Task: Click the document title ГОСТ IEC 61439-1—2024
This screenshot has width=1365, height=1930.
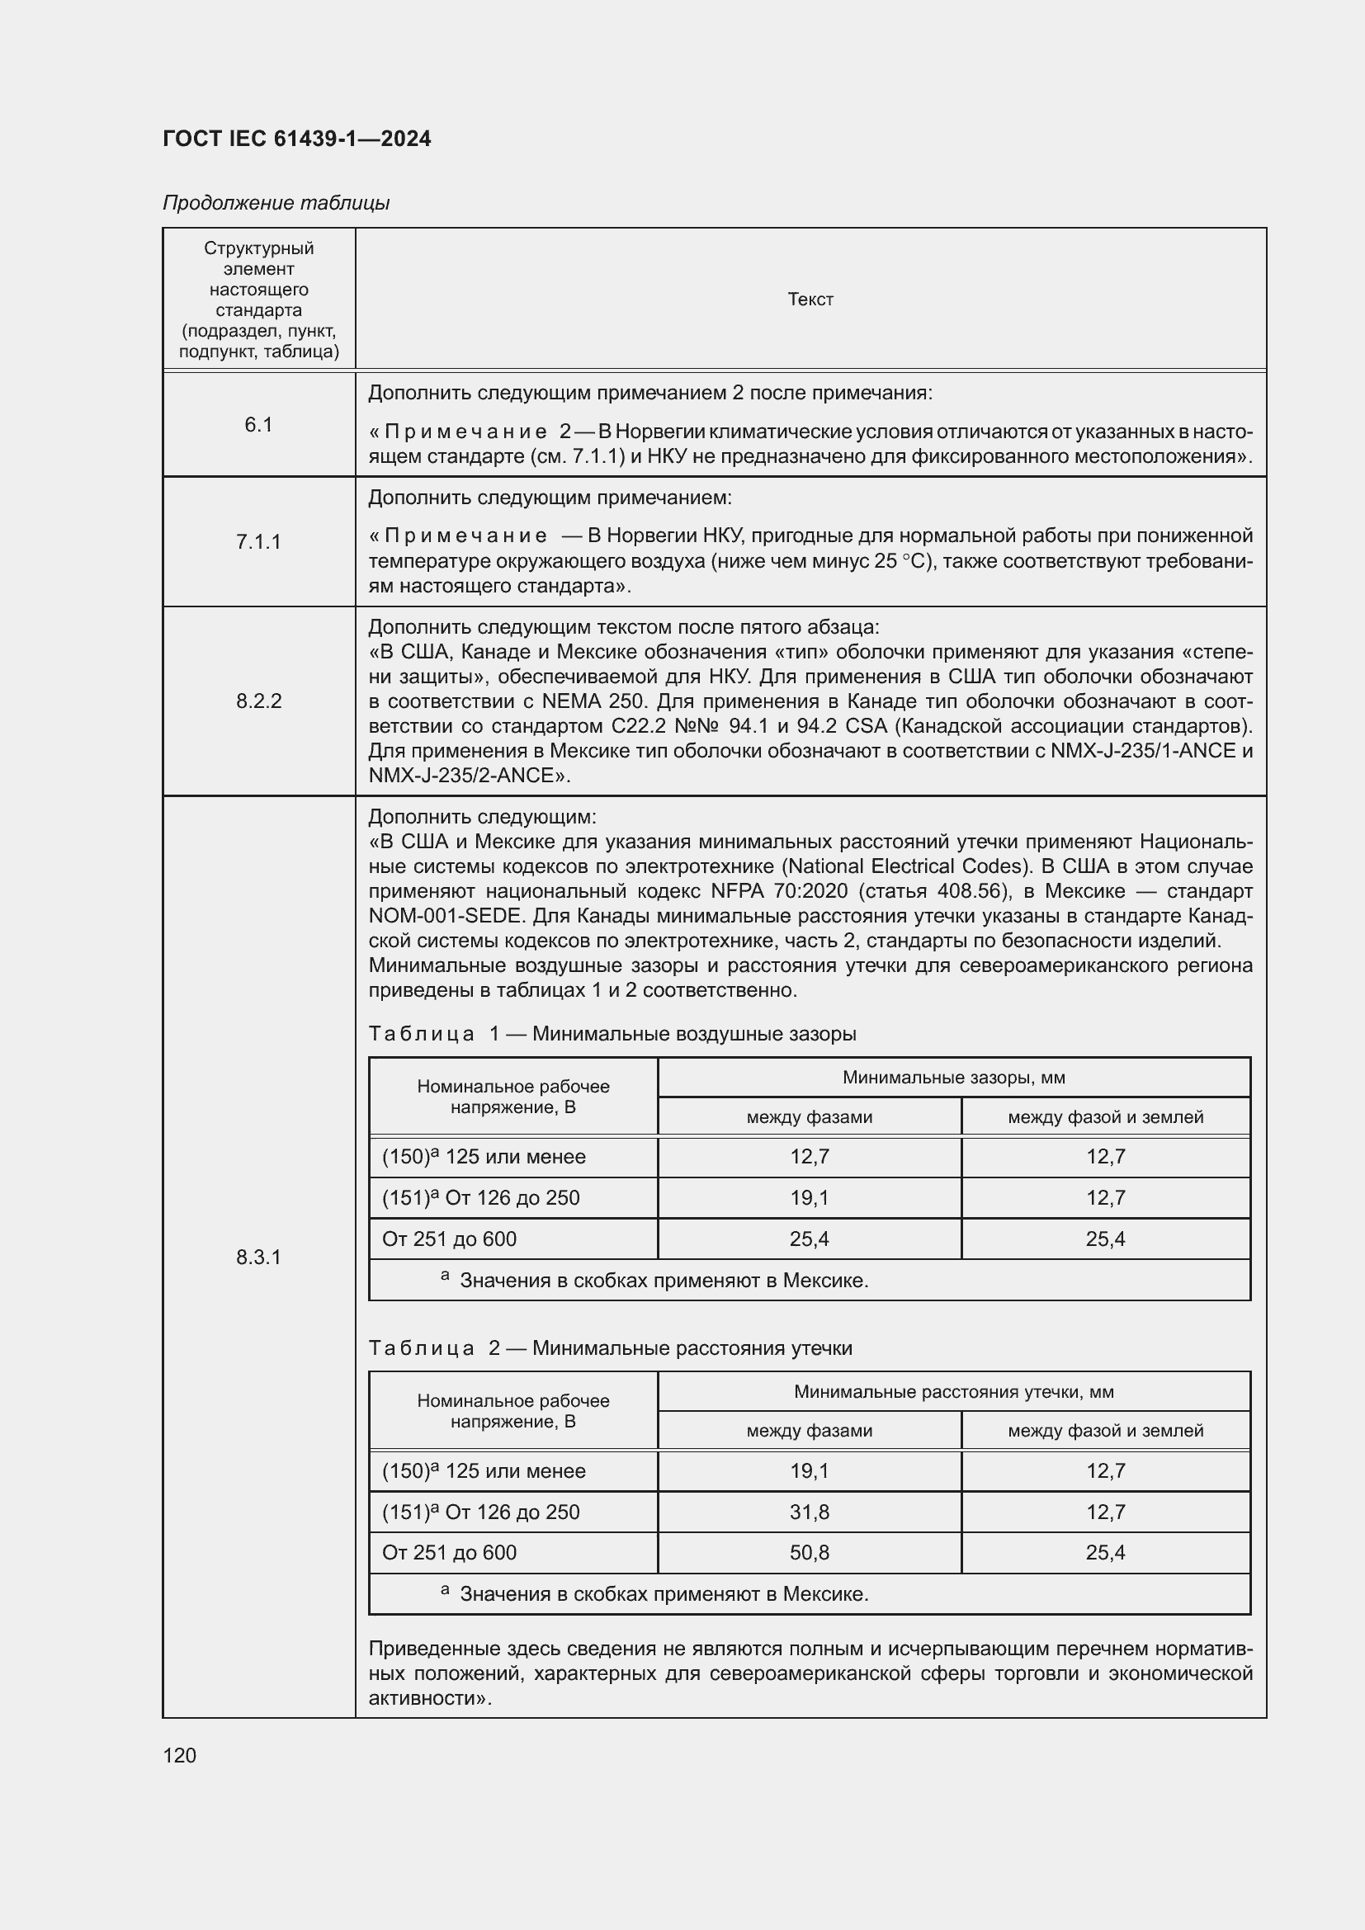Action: (x=297, y=139)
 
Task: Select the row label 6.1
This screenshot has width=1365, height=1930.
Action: (x=259, y=425)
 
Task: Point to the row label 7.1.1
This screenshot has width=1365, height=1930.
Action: (x=259, y=542)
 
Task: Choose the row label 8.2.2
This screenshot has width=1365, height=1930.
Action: (x=259, y=701)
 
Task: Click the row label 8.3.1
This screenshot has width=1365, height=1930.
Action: (x=259, y=1258)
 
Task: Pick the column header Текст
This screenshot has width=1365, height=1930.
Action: (x=810, y=300)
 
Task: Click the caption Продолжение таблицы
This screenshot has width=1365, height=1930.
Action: (x=276, y=203)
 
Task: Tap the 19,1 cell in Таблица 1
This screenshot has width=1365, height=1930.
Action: (x=809, y=1198)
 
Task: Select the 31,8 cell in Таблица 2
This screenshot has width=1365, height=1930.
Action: (x=809, y=1512)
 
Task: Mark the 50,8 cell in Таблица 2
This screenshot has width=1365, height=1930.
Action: (x=809, y=1553)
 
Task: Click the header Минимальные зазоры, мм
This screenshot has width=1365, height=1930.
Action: (x=953, y=1078)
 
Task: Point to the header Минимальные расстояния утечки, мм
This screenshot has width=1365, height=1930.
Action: (x=953, y=1392)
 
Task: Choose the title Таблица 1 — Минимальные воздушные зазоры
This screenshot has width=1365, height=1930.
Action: (x=612, y=1034)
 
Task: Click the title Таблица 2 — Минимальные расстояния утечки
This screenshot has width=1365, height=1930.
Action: (x=610, y=1348)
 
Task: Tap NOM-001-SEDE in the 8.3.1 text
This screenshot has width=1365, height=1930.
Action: (x=444, y=915)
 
